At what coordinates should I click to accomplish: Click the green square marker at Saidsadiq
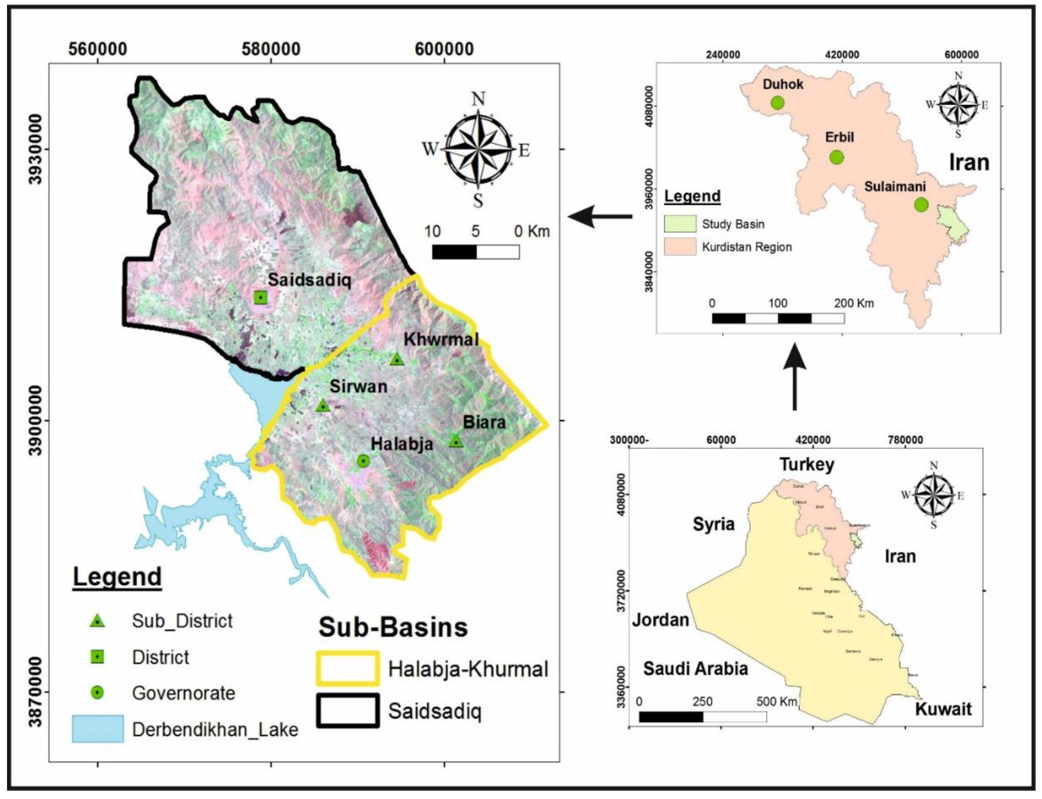coord(260,297)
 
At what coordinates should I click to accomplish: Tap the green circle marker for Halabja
coord(363,460)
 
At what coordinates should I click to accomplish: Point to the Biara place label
coord(484,422)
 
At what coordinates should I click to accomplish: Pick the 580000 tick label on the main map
coord(271,49)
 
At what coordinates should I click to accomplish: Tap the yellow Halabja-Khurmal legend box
coord(348,668)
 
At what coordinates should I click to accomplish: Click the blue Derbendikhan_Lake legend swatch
coord(97,729)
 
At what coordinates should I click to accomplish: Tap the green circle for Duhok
coord(777,102)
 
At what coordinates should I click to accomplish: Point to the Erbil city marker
coord(836,157)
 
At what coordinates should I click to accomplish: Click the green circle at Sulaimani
coord(921,205)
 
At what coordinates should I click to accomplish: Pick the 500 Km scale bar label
coord(776,702)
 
